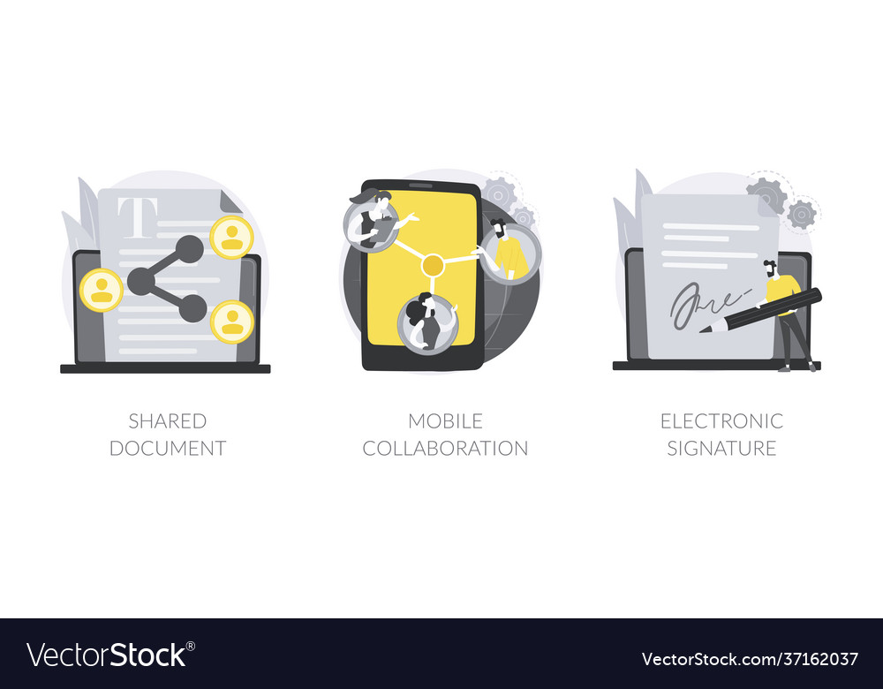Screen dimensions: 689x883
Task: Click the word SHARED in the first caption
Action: pyautogui.click(x=167, y=420)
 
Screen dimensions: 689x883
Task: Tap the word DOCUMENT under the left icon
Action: pyautogui.click(x=167, y=448)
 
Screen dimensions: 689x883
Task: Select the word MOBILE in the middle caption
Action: pyautogui.click(x=445, y=420)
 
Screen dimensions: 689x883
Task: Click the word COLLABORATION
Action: pyautogui.click(x=445, y=448)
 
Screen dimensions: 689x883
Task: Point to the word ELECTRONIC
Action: pyautogui.click(x=721, y=420)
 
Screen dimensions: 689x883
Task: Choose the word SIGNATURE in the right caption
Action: pyautogui.click(x=721, y=448)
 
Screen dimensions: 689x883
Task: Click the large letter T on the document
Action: pyautogui.click(x=140, y=217)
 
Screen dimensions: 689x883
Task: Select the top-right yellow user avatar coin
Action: pyautogui.click(x=232, y=237)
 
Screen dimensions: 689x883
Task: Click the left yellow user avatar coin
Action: pyautogui.click(x=102, y=290)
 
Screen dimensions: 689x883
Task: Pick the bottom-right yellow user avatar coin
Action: pyautogui.click(x=232, y=322)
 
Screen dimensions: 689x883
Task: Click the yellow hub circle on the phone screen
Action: pyautogui.click(x=433, y=264)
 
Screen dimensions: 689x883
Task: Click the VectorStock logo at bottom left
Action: pyautogui.click(x=110, y=655)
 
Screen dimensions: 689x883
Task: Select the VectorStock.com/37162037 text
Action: pyautogui.click(x=750, y=659)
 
